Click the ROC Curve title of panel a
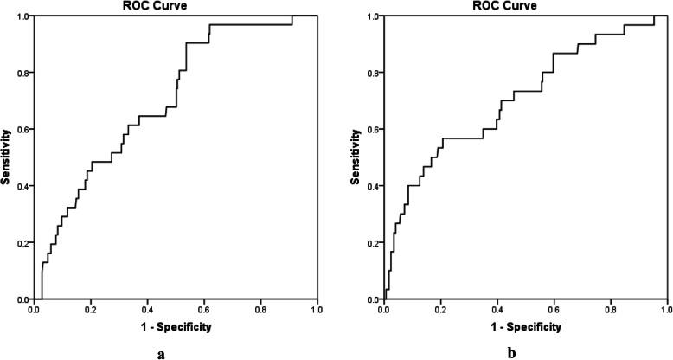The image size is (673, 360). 175,5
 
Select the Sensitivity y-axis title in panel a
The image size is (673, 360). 6,157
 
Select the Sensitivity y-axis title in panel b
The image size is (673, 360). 356,157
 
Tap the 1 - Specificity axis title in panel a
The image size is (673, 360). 175,327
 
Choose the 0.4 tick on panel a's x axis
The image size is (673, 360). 147,308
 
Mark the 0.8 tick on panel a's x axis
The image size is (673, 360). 260,308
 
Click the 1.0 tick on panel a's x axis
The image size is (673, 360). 317,308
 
